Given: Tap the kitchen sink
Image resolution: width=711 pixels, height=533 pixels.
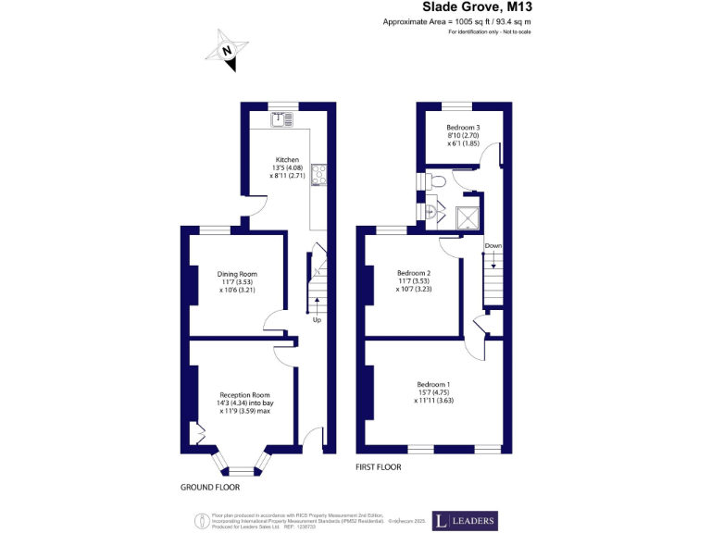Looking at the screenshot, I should [x=281, y=118].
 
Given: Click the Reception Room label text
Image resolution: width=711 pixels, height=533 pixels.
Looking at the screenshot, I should [x=231, y=394].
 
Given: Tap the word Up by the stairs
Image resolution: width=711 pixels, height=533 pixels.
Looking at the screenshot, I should [x=317, y=320].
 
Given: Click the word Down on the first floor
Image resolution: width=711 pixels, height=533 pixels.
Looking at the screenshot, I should [x=493, y=246].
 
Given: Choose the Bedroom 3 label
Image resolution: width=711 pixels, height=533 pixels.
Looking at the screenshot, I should [x=463, y=127].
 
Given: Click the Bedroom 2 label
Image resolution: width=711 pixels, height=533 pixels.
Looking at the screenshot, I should [x=414, y=273].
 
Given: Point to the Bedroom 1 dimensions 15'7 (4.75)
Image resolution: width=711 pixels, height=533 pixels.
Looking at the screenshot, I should [x=433, y=392].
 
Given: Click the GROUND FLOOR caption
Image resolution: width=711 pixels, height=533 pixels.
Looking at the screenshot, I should [x=210, y=487].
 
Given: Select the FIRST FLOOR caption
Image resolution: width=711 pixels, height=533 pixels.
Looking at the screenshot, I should [x=379, y=467].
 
